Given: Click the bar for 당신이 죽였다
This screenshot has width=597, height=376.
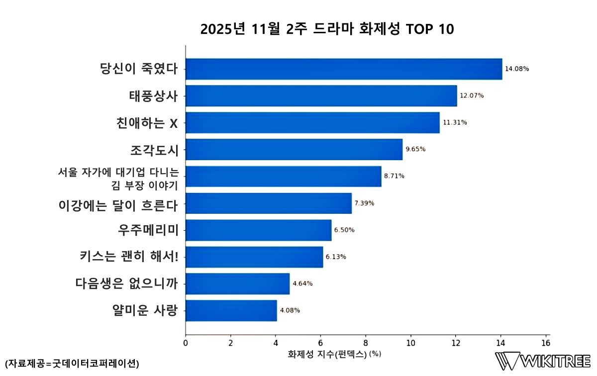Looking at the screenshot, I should pyautogui.click(x=343, y=69).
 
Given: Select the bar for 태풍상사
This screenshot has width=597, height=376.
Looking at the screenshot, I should pyautogui.click(x=321, y=95).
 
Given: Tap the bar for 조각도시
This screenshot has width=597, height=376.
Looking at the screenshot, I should pyautogui.click(x=294, y=149).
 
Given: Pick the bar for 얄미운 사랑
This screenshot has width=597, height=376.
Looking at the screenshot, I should pyautogui.click(x=231, y=310).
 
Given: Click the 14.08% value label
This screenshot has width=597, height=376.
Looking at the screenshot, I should pyautogui.click(x=517, y=69).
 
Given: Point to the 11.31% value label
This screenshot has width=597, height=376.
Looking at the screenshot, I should pyautogui.click(x=455, y=122).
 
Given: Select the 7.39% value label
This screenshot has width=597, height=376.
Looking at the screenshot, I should pyautogui.click(x=364, y=203).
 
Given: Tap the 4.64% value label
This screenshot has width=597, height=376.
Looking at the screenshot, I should pyautogui.click(x=302, y=283).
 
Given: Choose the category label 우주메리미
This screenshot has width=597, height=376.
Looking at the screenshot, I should pyautogui.click(x=148, y=230).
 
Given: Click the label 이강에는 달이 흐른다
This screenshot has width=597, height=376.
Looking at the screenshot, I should pyautogui.click(x=118, y=203).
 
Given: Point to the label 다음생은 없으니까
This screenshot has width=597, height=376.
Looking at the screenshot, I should pyautogui.click(x=127, y=284).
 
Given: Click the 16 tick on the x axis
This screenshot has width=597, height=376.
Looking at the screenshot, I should pyautogui.click(x=546, y=343).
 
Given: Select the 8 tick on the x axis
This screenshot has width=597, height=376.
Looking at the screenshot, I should pyautogui.click(x=366, y=343).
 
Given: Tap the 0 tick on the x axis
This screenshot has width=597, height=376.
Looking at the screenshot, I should pyautogui.click(x=186, y=343).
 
